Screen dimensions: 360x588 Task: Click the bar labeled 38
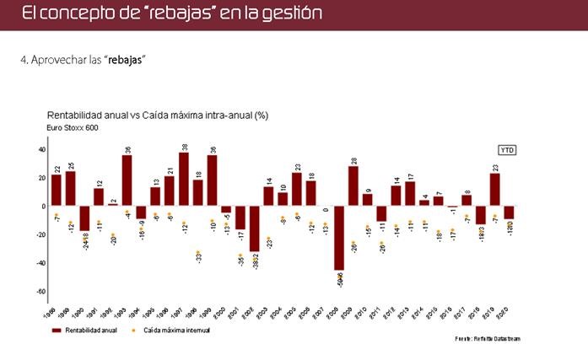point(184,179)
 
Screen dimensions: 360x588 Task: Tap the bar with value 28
point(353,185)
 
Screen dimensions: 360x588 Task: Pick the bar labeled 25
point(71,188)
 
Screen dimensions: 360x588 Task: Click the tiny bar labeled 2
point(113,205)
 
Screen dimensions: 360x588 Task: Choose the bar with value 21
point(170,191)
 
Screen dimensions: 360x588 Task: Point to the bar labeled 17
point(410,193)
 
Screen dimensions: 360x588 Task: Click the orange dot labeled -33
point(198,252)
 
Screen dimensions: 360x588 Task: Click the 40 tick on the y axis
point(41,149)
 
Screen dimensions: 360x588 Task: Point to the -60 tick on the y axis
point(40,292)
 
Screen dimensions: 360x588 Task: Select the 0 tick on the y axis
point(43,206)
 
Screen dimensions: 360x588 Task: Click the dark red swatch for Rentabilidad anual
point(57,330)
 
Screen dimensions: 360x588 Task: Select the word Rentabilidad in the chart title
point(76,114)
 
